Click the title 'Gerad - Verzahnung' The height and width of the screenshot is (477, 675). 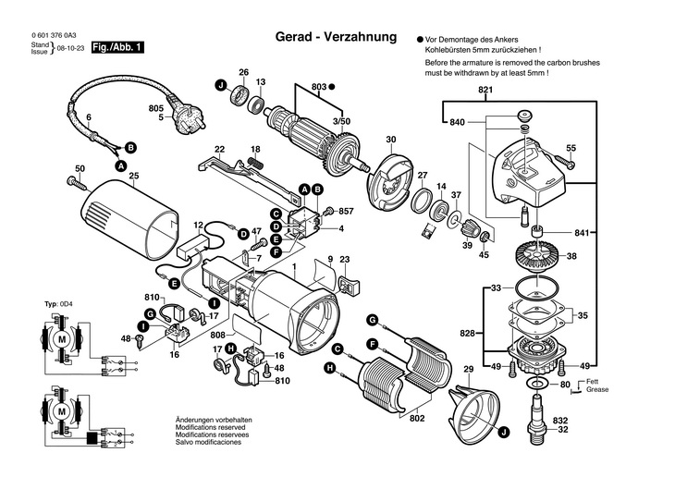[x=336, y=38]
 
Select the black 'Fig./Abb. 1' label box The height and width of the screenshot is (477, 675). [x=117, y=47]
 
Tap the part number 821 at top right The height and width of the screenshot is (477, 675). [x=485, y=90]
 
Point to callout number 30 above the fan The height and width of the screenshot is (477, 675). [x=390, y=141]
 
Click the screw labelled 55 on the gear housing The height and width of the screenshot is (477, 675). [x=566, y=164]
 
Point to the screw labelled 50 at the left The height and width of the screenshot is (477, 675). [x=70, y=180]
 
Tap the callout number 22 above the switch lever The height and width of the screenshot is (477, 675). [x=219, y=149]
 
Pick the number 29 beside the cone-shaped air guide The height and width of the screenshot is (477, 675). [x=468, y=371]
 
